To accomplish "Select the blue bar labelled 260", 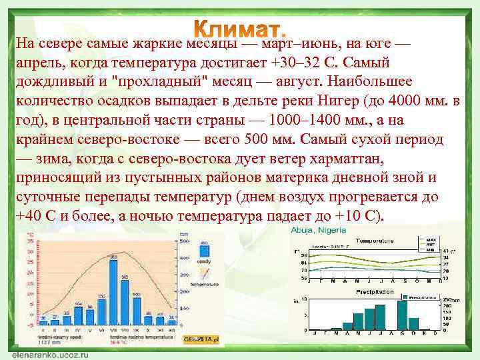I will coord(124,300).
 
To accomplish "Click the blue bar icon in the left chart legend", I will coord(203,251).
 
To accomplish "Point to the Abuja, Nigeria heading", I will coord(319,230).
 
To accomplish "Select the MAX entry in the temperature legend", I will coord(431,239).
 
